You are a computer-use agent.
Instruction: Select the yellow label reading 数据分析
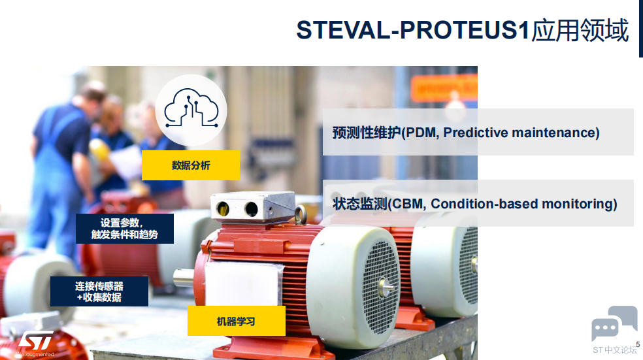point(191,165)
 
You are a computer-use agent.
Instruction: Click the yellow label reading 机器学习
point(236,321)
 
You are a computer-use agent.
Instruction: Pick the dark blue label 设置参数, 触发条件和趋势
point(125,229)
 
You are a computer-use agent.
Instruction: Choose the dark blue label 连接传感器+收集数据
point(99,291)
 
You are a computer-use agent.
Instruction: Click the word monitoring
point(577,204)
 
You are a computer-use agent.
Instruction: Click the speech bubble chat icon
point(614,323)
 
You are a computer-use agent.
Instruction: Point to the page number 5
point(638,344)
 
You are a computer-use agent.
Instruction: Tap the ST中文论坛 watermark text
point(615,350)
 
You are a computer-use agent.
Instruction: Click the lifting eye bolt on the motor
point(301,214)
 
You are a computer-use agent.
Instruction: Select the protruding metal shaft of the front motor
point(184,278)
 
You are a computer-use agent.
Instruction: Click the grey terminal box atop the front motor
point(253,207)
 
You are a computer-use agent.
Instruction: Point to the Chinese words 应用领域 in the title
point(580,30)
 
